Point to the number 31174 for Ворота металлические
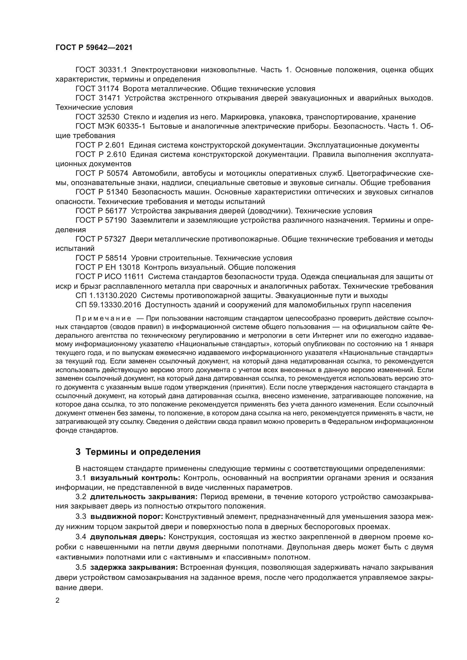tap(109, 89)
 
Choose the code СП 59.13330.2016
tap(108, 305)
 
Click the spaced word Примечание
tap(104, 319)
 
